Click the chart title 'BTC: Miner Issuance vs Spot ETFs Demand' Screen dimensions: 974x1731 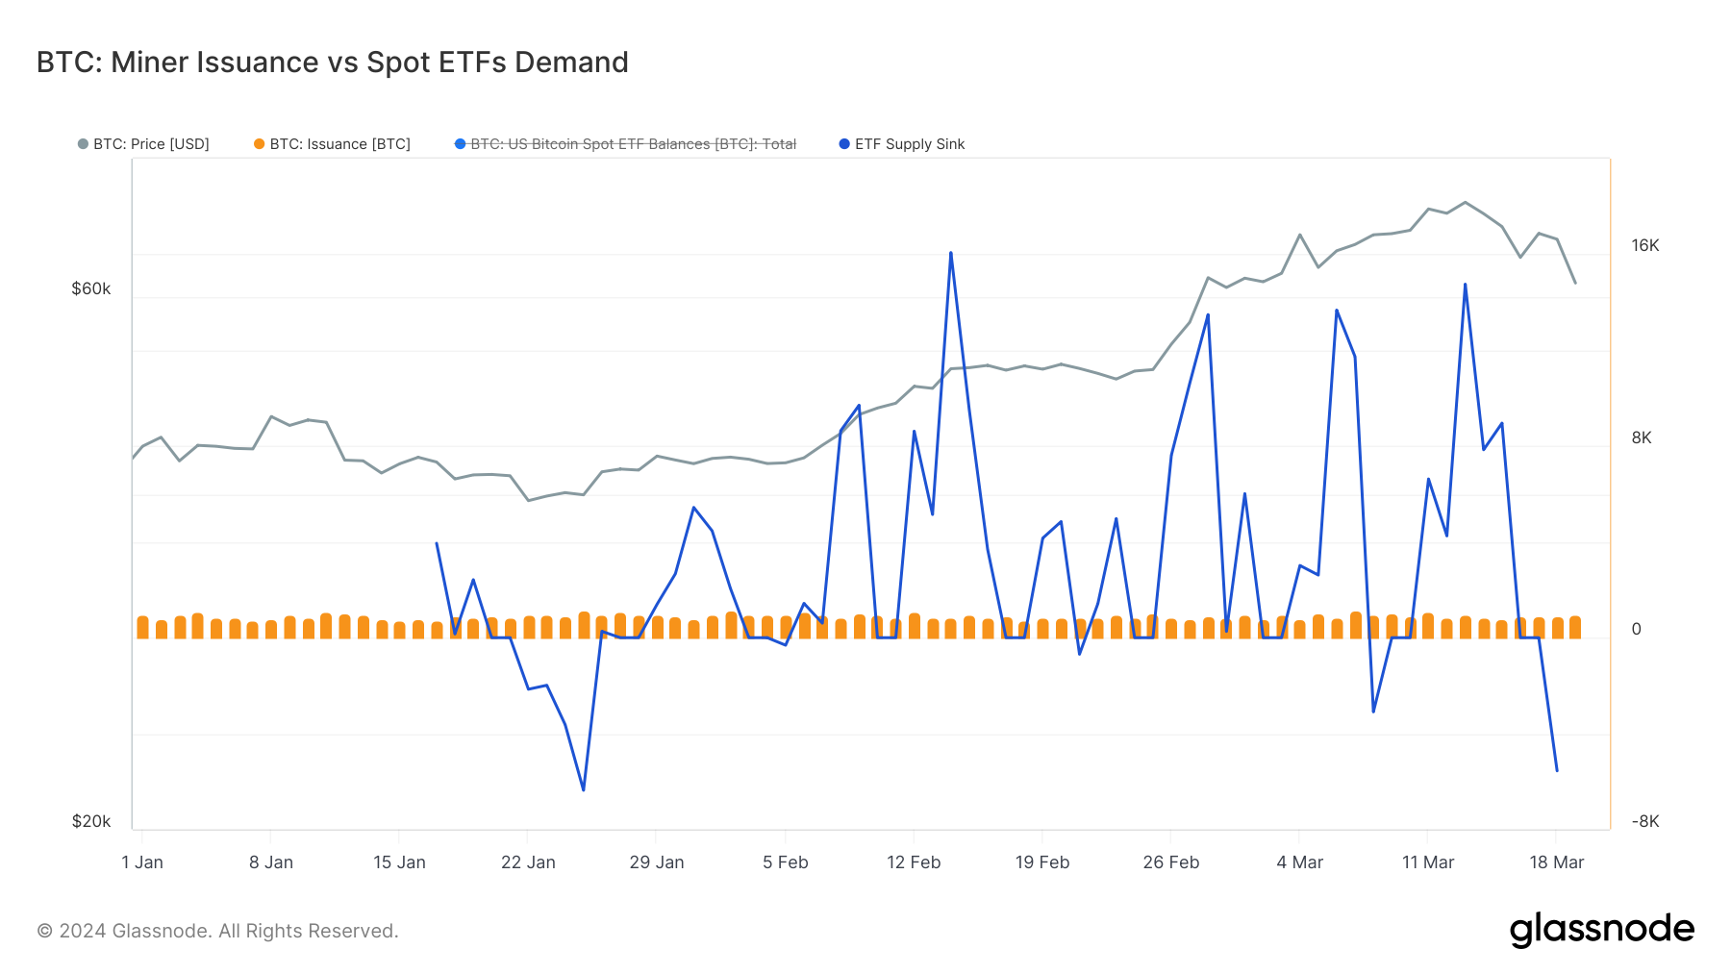point(332,62)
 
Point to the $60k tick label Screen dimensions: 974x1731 point(91,288)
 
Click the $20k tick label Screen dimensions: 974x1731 point(91,821)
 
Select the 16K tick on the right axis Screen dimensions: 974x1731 point(1644,245)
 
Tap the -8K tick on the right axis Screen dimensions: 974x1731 point(1644,821)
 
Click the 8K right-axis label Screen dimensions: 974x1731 point(1641,437)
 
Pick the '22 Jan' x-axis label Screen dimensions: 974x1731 point(528,862)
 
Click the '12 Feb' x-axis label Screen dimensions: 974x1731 point(914,862)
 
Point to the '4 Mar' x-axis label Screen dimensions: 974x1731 point(1299,862)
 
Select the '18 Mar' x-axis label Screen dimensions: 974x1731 point(1556,862)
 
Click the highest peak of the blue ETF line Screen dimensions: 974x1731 point(951,253)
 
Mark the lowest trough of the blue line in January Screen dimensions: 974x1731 point(584,790)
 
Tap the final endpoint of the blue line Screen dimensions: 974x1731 point(1557,771)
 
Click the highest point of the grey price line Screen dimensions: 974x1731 point(1465,202)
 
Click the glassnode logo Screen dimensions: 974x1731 point(1601,930)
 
